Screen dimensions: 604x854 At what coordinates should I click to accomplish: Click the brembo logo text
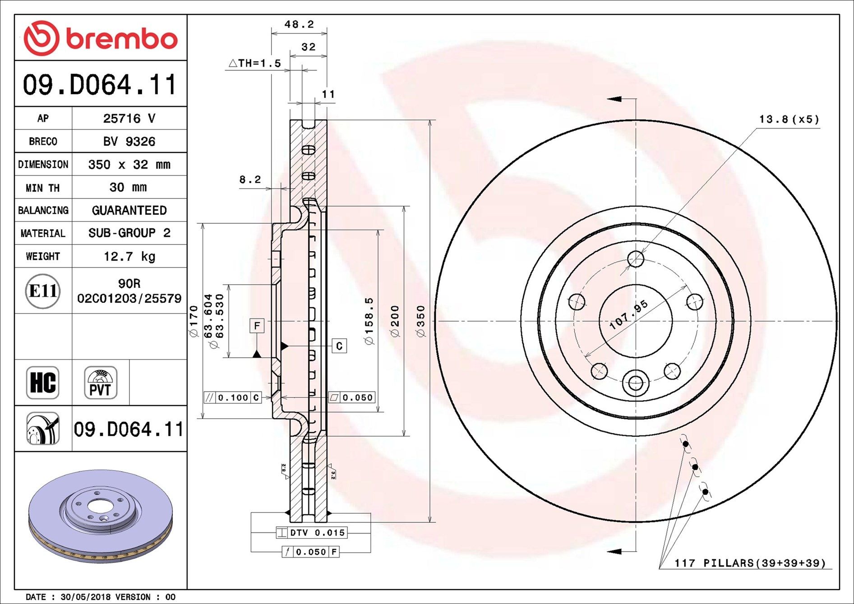pyautogui.click(x=122, y=39)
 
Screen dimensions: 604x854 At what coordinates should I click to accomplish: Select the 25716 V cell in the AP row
pyautogui.click(x=129, y=118)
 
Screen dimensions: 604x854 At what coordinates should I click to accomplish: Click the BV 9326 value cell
pyautogui.click(x=129, y=141)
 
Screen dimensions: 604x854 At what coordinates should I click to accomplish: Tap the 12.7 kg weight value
pyautogui.click(x=129, y=256)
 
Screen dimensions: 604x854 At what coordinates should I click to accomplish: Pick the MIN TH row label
pyautogui.click(x=43, y=188)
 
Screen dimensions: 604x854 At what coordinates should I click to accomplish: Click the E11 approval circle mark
pyautogui.click(x=43, y=291)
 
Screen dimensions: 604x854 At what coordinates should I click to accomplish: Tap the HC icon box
pyautogui.click(x=43, y=383)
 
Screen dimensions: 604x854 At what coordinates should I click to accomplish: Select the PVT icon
pyautogui.click(x=100, y=383)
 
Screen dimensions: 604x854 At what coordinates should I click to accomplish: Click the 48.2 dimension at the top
pyautogui.click(x=299, y=24)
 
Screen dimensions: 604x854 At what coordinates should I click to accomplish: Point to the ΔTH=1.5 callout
pyautogui.click(x=255, y=63)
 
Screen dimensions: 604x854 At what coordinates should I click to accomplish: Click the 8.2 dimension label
pyautogui.click(x=250, y=180)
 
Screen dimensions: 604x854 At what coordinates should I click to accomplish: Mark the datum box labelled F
pyautogui.click(x=257, y=325)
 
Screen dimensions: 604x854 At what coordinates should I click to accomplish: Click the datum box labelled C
pyautogui.click(x=339, y=346)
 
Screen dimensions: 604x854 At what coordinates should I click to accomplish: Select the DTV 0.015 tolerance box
pyautogui.click(x=312, y=533)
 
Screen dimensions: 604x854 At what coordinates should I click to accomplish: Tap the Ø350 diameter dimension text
pyautogui.click(x=420, y=321)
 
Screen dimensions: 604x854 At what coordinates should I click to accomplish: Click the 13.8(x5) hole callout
pyautogui.click(x=789, y=119)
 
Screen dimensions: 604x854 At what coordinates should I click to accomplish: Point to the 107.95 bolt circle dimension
pyautogui.click(x=628, y=314)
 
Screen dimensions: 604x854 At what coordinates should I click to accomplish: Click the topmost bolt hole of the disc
pyautogui.click(x=636, y=259)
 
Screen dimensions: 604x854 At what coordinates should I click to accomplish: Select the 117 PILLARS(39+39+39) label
pyautogui.click(x=750, y=563)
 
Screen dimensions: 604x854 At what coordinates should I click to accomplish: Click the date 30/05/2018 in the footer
pyautogui.click(x=85, y=597)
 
